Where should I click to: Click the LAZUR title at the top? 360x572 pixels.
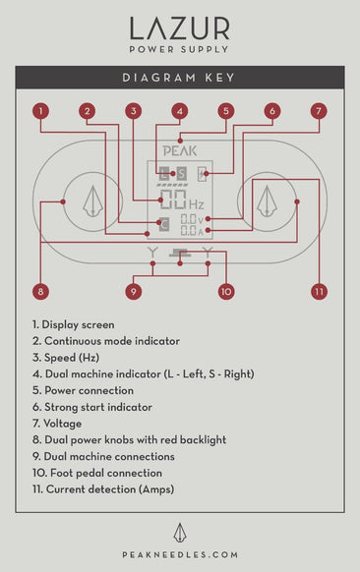point(179,27)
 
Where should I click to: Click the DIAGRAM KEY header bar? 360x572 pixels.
point(179,78)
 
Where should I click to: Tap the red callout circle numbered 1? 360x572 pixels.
point(40,111)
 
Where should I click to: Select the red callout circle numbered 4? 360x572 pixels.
point(179,111)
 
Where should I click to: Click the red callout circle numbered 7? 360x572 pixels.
point(318,111)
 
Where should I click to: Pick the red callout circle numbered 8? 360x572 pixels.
point(40,291)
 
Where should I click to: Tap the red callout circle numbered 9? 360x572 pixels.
point(133,291)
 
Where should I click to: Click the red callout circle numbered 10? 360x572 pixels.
point(225,291)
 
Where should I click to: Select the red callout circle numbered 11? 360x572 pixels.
point(318,291)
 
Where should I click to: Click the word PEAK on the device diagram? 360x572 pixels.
point(179,151)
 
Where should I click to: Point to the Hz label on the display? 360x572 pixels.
point(197,203)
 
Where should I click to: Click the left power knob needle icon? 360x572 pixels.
point(93,201)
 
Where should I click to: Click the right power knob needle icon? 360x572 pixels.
point(266,201)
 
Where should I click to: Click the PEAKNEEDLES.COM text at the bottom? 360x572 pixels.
point(179,555)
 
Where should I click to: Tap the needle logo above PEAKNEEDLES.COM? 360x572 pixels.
point(179,532)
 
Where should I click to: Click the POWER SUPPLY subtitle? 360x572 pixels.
point(179,48)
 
